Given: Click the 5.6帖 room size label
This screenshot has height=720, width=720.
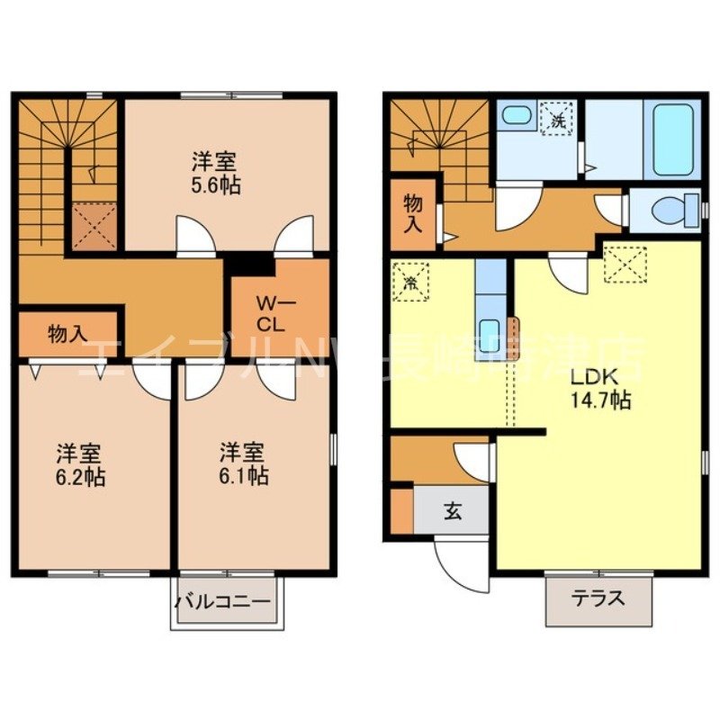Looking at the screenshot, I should [215, 175].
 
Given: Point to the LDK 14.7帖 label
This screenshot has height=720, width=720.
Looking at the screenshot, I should [596, 388].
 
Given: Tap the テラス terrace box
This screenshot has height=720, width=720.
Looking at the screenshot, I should [598, 598].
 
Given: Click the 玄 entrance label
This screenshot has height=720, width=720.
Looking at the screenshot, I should [451, 513].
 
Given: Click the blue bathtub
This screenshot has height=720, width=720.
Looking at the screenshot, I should [672, 140].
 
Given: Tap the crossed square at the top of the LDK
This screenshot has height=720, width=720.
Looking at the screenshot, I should [625, 262].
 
